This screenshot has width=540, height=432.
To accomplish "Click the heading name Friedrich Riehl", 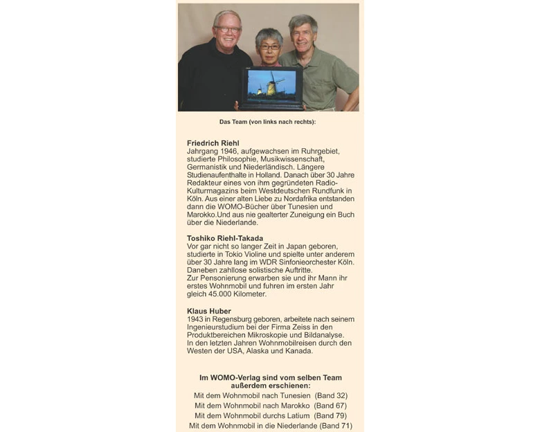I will click(x=213, y=143).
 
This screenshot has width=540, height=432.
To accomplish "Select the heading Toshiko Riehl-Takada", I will click(x=225, y=238).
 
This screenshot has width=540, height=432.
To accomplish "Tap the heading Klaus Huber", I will click(x=209, y=311).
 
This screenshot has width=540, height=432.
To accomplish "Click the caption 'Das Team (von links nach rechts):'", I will click(x=267, y=122).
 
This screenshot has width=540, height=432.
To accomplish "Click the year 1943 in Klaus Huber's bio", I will click(x=196, y=319).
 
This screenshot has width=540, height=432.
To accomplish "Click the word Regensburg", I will click(x=233, y=319).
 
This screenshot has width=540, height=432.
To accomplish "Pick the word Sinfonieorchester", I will click(x=302, y=262).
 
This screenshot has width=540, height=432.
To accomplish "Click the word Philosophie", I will click(x=248, y=159).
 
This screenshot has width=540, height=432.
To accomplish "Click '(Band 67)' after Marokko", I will click(x=330, y=405).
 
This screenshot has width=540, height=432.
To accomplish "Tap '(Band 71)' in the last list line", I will click(x=335, y=426).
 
